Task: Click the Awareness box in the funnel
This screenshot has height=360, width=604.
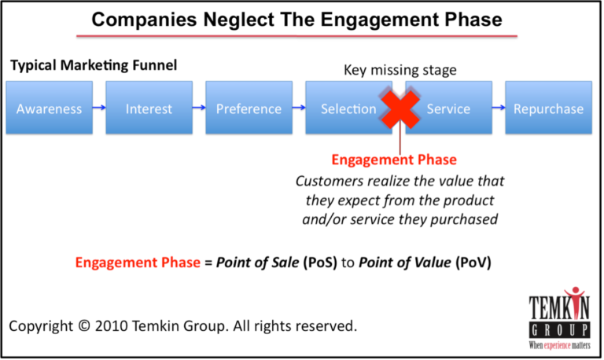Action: pos(49,109)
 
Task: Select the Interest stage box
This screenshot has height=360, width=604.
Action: pos(149,109)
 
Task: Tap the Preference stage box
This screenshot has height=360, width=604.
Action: pos(249,109)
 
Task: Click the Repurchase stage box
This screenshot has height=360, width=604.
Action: pos(548,109)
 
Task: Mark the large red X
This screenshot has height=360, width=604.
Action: pos(400,109)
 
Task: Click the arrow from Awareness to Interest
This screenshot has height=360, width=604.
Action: pos(98,109)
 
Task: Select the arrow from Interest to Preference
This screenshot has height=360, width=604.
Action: pos(198,109)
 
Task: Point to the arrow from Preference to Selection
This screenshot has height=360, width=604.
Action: pos(298,109)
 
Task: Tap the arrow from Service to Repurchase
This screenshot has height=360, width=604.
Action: pos(498,109)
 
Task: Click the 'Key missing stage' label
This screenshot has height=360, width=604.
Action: pos(399,70)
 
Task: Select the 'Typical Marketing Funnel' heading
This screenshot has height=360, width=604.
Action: pos(94,64)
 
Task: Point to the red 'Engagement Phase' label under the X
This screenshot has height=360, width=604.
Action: pos(393,160)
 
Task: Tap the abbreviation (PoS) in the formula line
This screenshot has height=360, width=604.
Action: pos(321,263)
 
